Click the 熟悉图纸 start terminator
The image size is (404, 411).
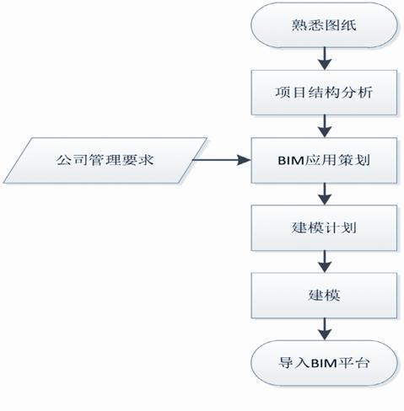pos(324,26)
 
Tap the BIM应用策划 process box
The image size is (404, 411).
pos(324,157)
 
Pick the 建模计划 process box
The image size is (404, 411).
pos(324,227)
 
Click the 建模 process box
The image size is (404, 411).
pos(324,294)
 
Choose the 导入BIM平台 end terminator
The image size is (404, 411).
pos(324,363)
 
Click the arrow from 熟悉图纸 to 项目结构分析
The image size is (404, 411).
pos(324,57)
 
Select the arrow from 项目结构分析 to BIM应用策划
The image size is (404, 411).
pos(324,125)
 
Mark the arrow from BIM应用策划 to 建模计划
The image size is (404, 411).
pos(324,193)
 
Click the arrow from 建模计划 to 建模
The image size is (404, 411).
pos(324,260)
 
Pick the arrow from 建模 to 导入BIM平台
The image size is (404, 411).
pos(324,328)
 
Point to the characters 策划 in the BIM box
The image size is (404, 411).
pos(353,157)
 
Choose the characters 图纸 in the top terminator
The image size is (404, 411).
pos(341,26)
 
